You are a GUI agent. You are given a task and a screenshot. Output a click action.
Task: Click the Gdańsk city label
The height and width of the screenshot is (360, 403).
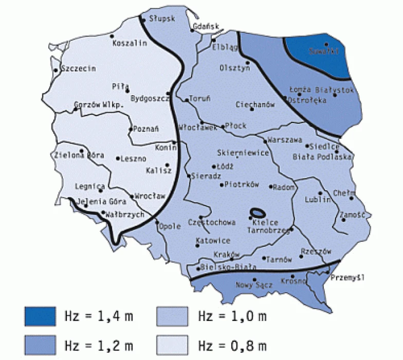pos(205,26)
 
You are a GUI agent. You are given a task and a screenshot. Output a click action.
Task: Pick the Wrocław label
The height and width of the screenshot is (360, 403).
pos(150,196)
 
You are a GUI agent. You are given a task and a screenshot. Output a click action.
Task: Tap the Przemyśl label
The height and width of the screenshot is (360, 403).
pos(347,278)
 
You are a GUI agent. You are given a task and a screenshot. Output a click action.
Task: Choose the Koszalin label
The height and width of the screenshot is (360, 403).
pos(130,43)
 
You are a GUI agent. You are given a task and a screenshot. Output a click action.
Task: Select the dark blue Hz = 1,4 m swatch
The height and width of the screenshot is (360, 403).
pos(40,316)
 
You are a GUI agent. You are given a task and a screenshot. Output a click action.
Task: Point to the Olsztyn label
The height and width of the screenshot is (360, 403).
pos(234,67)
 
